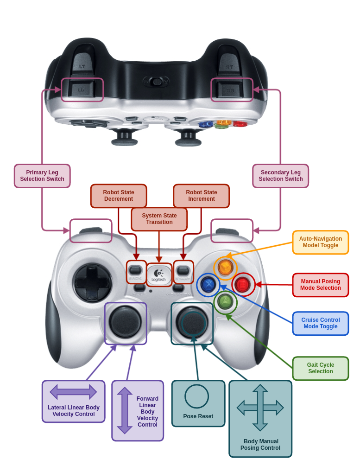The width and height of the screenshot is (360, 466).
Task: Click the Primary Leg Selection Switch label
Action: (x=42, y=176)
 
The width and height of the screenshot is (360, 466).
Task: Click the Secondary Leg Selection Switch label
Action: (x=280, y=176)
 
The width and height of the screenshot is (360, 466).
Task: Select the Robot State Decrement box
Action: (x=119, y=196)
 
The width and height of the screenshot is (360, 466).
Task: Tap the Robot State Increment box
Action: (x=201, y=196)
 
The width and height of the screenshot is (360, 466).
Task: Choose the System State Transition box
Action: (x=159, y=219)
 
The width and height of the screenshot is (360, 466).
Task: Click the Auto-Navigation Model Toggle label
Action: (x=320, y=242)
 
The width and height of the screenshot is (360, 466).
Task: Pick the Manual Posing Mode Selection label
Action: (x=320, y=285)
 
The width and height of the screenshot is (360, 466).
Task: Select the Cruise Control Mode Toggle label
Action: (x=320, y=323)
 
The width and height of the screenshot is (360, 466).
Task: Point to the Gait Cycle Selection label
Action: (x=320, y=368)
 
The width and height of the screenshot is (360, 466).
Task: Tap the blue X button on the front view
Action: (x=208, y=284)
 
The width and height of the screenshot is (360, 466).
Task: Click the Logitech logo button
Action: (x=159, y=274)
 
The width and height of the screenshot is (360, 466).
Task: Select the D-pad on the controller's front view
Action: (x=93, y=282)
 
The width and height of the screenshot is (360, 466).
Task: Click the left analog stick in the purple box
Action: (x=125, y=322)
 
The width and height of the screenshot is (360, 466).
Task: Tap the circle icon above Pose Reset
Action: (x=196, y=396)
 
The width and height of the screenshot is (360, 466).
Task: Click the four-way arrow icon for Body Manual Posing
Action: (x=260, y=408)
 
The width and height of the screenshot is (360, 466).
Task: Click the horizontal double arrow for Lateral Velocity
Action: (x=73, y=392)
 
